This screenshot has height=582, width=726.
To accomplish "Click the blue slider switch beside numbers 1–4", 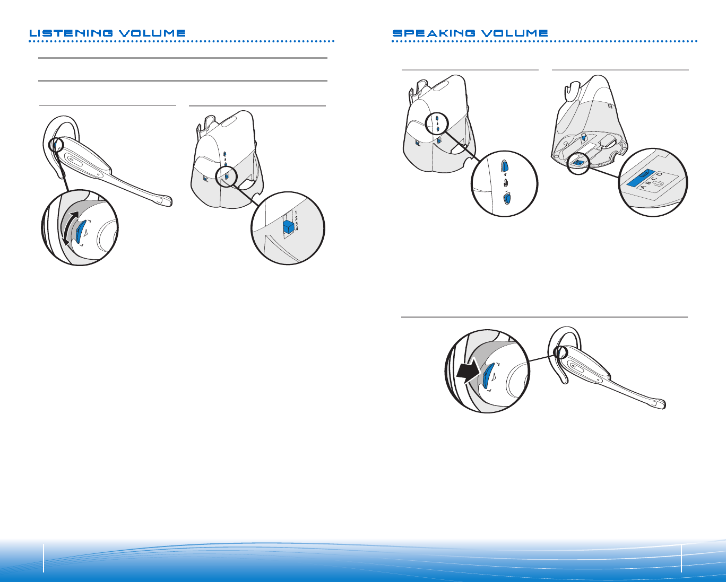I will (x=288, y=226).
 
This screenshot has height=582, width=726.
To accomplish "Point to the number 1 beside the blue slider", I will (x=295, y=213).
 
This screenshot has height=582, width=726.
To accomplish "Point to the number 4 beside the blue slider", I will (x=297, y=229).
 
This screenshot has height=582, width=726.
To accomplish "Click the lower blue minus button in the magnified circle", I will (x=506, y=199).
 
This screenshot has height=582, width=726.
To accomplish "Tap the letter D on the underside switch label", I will (x=660, y=174).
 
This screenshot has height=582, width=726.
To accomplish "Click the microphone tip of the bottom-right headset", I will (x=660, y=404).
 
